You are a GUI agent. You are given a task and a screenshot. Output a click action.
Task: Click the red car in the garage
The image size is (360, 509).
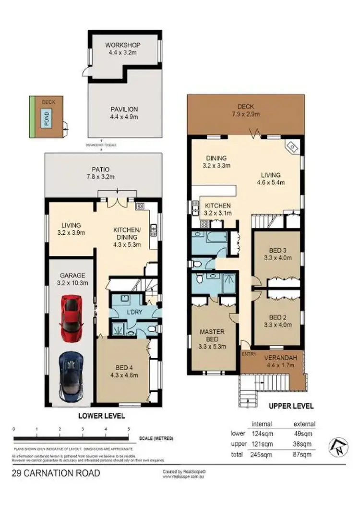pos(71,317)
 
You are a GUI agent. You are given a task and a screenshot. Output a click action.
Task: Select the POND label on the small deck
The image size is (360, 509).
pos(47,117)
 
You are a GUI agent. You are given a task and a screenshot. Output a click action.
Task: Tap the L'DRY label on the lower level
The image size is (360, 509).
pos(132,314)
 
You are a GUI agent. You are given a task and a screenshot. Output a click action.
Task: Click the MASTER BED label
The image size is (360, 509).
pos(212,339)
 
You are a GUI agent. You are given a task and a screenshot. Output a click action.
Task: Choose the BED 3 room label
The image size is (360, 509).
pos(277,253)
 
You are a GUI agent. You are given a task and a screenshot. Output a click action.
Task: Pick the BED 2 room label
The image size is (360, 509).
pos(277,320)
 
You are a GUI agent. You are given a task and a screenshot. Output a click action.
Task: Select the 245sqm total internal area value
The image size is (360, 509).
pos(262,453)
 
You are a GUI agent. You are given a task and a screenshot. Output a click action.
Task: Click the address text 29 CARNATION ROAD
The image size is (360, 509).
pos(56,473)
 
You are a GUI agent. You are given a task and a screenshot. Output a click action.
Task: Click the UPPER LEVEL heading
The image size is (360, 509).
pos(291,406)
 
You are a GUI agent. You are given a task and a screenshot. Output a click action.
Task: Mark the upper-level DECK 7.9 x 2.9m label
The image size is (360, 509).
pos(248,110)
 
